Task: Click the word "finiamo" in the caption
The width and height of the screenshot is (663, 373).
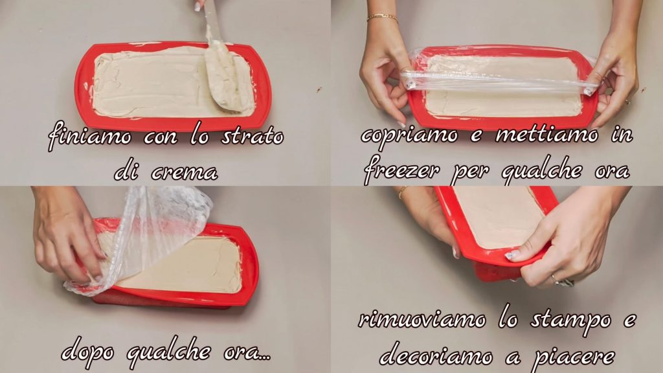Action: click(x=89, y=137)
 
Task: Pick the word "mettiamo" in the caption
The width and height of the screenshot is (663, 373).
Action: click(x=546, y=134)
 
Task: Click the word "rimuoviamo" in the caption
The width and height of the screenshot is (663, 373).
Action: click(x=421, y=319)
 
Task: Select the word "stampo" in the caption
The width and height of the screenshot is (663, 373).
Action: click(x=571, y=321)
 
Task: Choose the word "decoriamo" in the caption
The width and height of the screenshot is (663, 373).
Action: click(x=436, y=356)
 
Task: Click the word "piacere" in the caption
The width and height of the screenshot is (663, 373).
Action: click(x=573, y=357)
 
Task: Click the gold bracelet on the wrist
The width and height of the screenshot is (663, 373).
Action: click(x=382, y=17)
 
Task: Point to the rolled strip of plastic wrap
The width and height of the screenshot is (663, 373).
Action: click(x=499, y=80)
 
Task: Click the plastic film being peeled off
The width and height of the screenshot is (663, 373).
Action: click(x=144, y=237)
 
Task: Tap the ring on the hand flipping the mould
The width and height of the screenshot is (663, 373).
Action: click(x=555, y=280)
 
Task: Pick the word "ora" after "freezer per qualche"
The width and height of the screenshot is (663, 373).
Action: click(x=612, y=171)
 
